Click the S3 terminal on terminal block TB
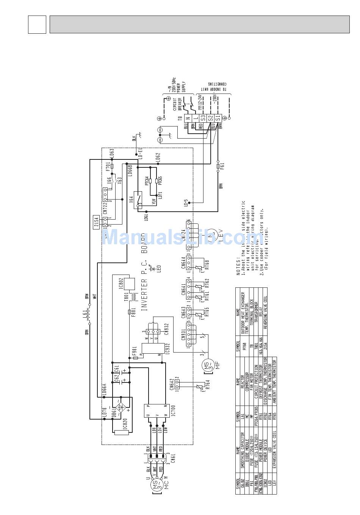pyautogui.click(x=203, y=118)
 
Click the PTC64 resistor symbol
pyautogui.click(x=150, y=180)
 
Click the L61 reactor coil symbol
pyautogui.click(x=89, y=314)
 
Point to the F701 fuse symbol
pyautogui.click(x=112, y=166)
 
